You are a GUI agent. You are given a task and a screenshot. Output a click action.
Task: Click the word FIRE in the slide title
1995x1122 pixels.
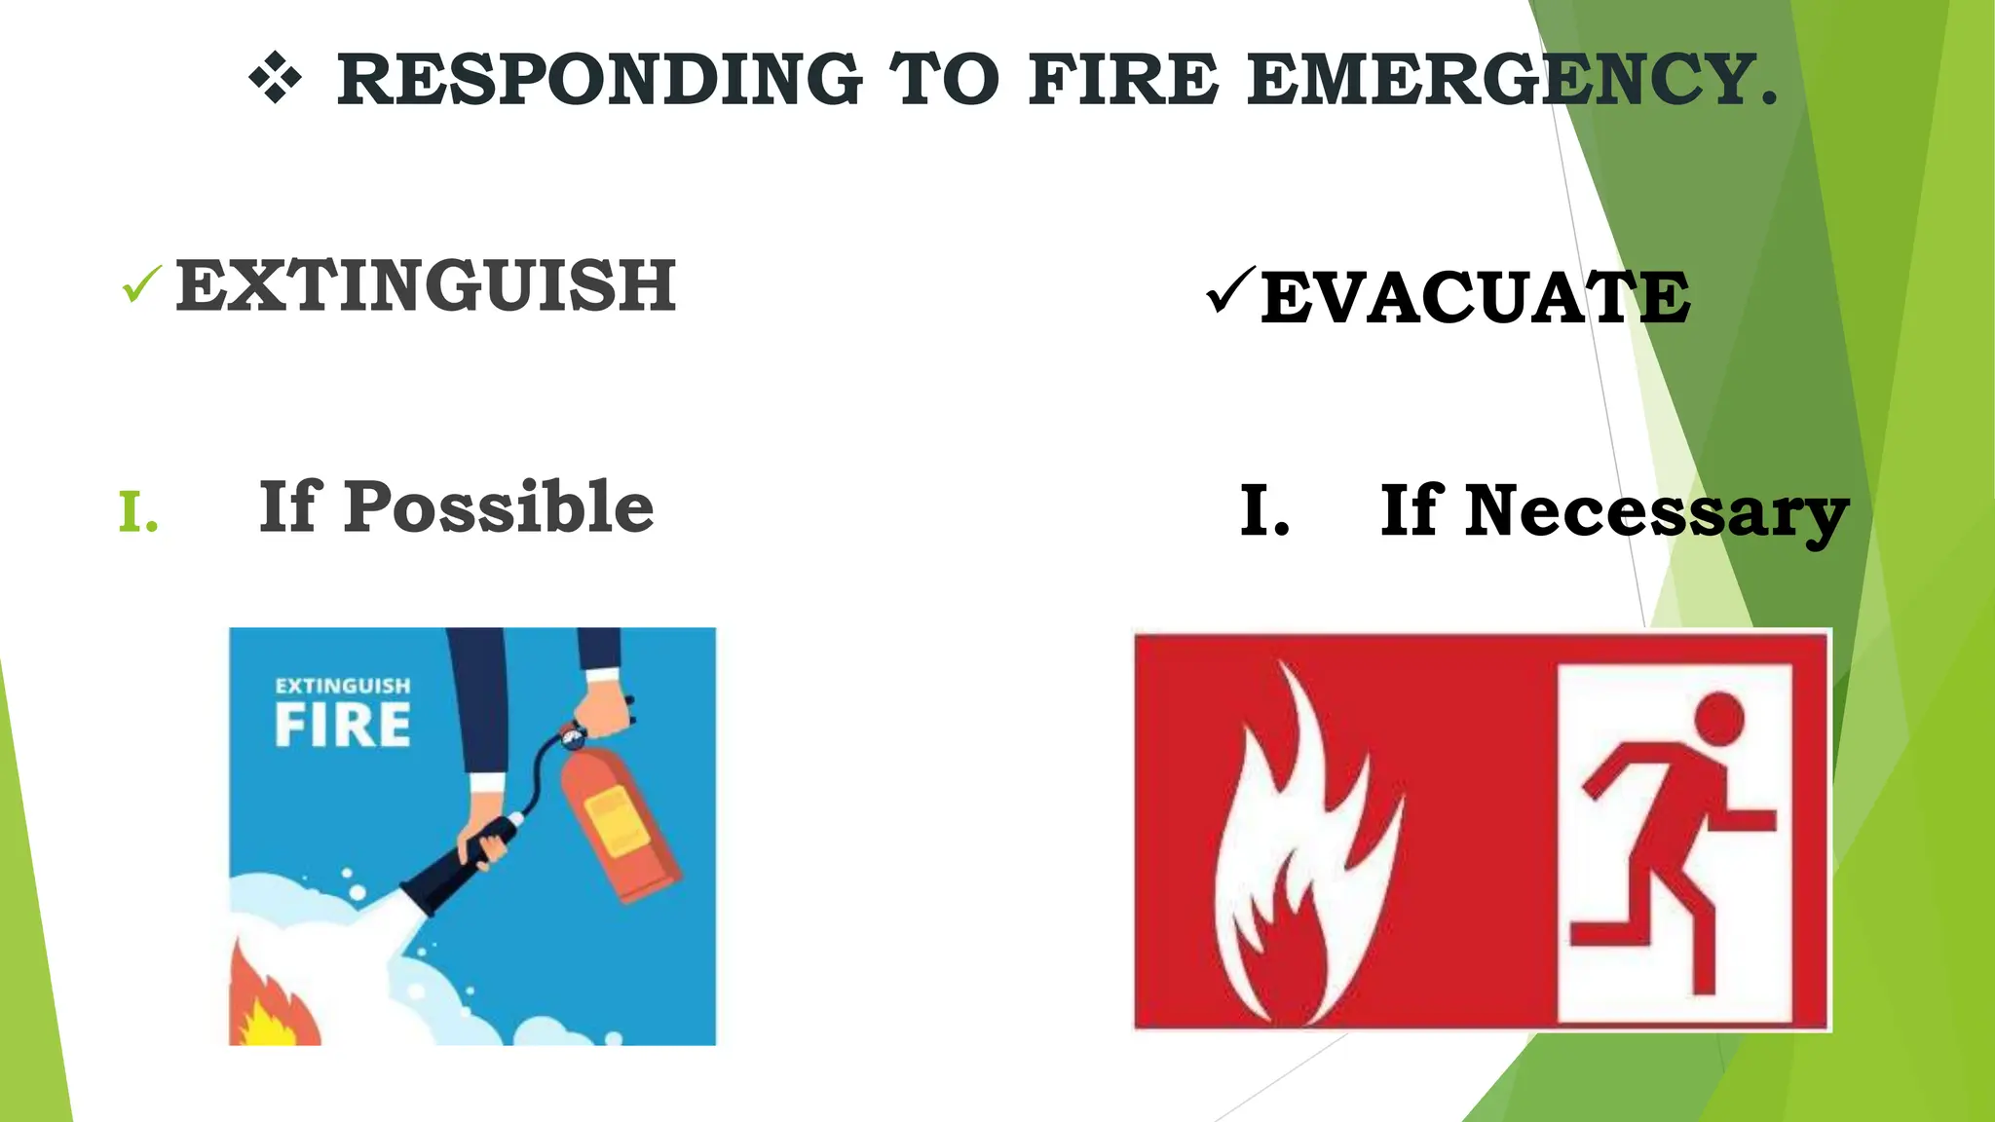point(1123,80)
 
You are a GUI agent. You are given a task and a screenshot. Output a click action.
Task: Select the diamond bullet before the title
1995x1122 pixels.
point(276,79)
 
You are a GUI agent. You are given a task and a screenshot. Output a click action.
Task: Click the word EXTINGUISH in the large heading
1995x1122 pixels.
point(426,286)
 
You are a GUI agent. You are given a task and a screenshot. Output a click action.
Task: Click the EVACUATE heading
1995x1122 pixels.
point(1476,298)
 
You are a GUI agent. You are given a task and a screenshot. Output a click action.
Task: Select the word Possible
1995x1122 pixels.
point(498,507)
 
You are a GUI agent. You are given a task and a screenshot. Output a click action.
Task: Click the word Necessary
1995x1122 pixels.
point(1614,512)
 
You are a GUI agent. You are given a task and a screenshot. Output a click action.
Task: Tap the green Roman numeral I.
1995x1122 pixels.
point(137,513)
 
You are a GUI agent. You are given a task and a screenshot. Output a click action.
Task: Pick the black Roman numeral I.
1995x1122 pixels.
point(1263,513)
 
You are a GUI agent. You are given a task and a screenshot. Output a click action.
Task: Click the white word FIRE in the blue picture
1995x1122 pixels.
point(343,726)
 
